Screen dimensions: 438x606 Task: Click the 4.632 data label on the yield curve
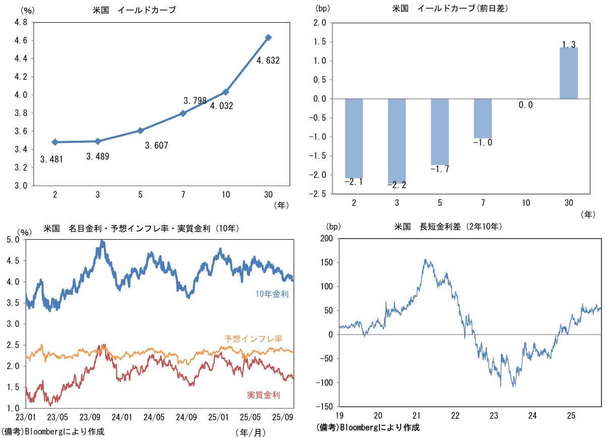pos(268,61)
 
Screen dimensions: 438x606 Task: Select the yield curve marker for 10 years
pos(226,92)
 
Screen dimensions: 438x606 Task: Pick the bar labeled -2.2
pos(397,141)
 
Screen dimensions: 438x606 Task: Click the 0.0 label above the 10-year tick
pos(526,105)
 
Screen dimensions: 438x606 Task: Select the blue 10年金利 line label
pos(272,294)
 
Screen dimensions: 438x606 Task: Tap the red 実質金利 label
pos(263,395)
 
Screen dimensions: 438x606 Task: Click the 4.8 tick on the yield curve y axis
pos(20,22)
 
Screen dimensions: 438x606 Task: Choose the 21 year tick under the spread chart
pos(417,415)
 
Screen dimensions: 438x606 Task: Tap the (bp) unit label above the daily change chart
pos(321,9)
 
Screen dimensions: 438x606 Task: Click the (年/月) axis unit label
pos(250,432)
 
